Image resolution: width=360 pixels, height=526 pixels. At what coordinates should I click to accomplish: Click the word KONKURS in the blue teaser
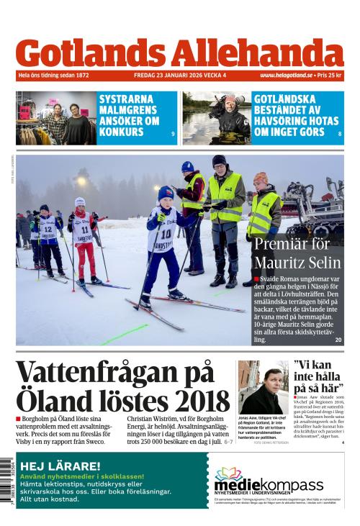[120, 132]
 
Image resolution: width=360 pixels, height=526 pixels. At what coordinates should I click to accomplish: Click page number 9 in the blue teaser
[173, 135]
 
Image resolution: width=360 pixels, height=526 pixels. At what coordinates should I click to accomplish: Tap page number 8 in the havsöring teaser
[339, 135]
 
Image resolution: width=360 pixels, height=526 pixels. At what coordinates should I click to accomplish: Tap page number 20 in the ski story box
[338, 340]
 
